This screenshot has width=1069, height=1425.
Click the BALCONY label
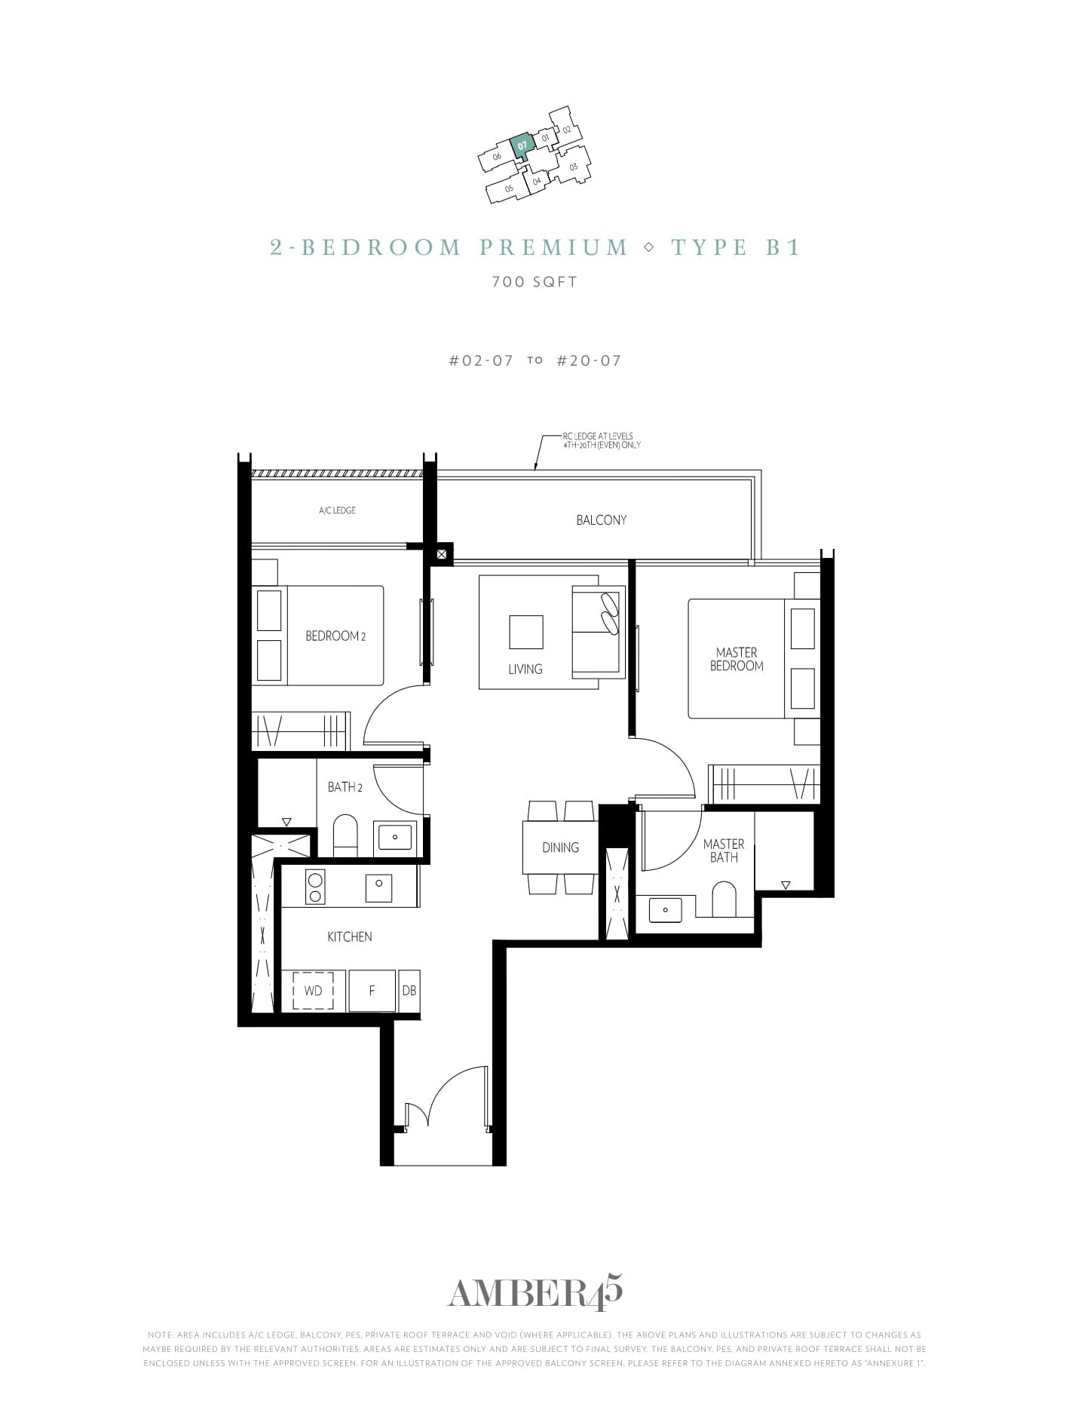(x=601, y=520)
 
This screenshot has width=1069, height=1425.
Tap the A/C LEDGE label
(x=337, y=510)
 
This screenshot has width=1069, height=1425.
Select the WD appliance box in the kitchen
(x=313, y=991)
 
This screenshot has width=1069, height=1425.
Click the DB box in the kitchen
(x=409, y=991)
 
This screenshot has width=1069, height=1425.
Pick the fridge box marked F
(x=372, y=991)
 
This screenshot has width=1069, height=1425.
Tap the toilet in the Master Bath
(x=724, y=900)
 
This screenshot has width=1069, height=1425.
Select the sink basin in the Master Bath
(x=665, y=909)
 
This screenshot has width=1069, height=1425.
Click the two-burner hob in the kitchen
(x=315, y=887)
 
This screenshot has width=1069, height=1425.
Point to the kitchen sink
(x=378, y=887)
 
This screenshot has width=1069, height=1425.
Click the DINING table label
(x=560, y=847)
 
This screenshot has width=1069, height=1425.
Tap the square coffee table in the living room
(x=525, y=632)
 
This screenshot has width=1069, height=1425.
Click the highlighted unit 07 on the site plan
(x=522, y=143)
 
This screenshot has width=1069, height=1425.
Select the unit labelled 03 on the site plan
(x=573, y=167)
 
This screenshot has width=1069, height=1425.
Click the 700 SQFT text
(x=534, y=282)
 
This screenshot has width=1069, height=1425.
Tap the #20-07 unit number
(x=589, y=360)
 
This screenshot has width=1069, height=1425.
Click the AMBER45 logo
(x=534, y=1294)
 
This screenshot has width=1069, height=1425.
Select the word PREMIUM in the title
(x=554, y=247)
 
